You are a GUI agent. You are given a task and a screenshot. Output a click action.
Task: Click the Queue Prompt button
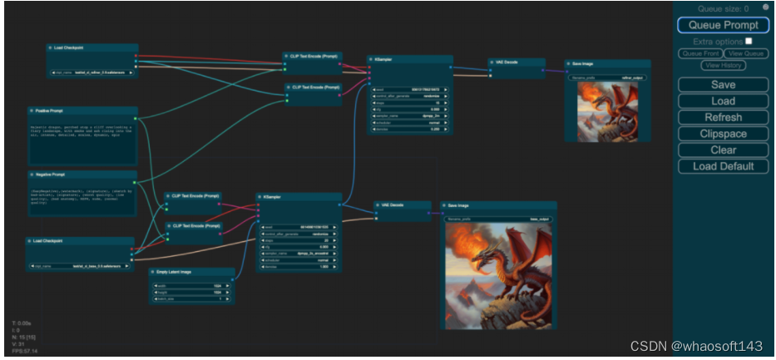723,25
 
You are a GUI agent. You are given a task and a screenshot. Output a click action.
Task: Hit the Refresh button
723,117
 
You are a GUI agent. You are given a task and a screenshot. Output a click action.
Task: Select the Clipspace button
723,134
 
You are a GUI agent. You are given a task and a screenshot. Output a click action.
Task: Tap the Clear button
723,150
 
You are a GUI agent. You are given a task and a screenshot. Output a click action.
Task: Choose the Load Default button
723,166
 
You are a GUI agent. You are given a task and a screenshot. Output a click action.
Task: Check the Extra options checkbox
749,41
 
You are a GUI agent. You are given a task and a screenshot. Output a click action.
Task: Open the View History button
723,65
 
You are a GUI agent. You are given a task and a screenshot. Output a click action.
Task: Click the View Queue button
745,53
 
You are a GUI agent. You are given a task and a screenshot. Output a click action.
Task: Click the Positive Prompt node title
50,111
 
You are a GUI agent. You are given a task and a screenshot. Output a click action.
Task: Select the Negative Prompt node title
51,175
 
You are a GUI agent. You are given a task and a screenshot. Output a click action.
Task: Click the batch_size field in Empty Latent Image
191,298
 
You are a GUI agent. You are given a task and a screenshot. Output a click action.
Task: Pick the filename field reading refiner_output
607,77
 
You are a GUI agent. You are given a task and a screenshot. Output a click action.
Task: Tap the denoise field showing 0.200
411,129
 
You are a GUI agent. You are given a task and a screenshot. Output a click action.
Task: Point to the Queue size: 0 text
723,9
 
